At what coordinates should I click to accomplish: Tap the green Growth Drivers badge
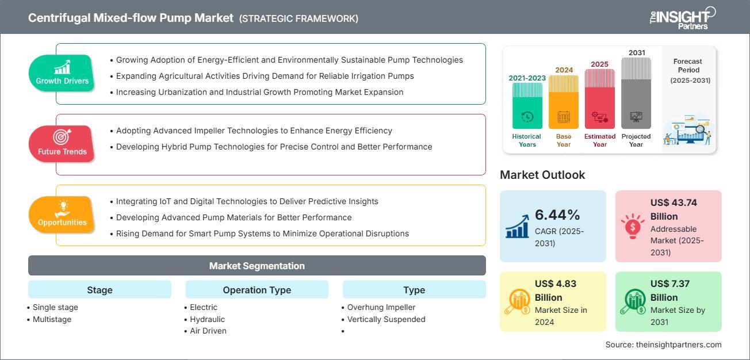62,72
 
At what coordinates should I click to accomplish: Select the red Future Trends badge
62,144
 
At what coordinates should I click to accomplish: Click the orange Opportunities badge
62,215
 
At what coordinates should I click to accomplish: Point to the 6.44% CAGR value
557,215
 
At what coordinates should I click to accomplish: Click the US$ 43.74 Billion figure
674,209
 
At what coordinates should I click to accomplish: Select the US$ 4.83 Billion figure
556,290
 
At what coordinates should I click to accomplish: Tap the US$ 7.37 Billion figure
670,290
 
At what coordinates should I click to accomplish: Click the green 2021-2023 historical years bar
527,106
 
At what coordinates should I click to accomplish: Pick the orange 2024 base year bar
564,102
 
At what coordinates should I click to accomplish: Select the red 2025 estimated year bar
600,99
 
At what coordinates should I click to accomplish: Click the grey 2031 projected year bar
636,93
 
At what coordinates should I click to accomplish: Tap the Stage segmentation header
100,290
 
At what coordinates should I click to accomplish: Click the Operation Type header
257,290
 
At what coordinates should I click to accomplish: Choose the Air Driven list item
208,331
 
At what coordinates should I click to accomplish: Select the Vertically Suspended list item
386,319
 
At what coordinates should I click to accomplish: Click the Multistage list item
52,319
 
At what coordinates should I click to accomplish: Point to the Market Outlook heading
542,175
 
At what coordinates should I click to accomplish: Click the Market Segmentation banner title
257,266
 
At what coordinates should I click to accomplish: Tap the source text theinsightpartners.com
679,344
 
